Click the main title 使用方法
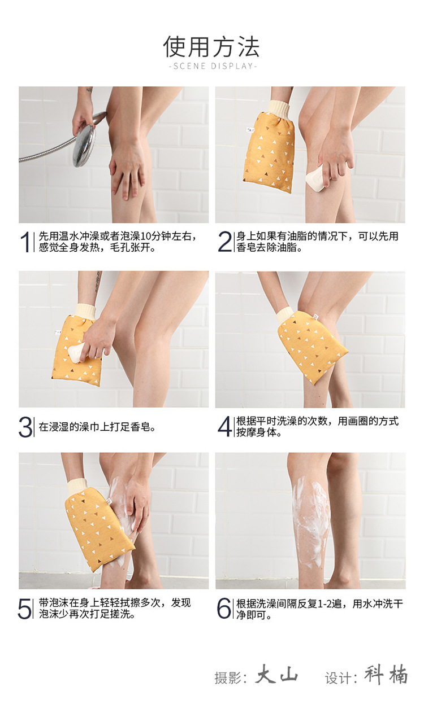211,46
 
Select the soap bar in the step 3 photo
76,352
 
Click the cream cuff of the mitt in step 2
279,108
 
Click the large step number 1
25,242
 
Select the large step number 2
225,242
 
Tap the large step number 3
25,427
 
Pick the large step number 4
225,426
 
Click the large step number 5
25,608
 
